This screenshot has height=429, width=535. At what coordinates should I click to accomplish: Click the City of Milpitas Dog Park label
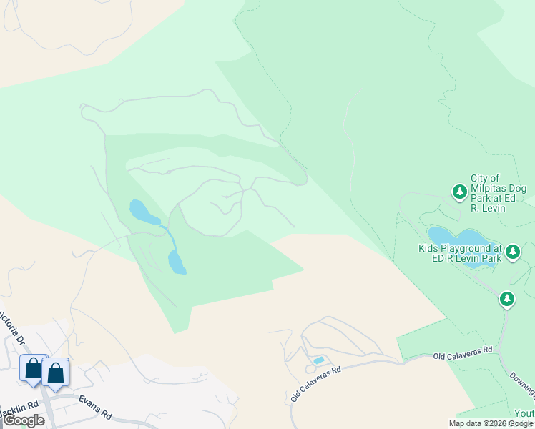(x=498, y=193)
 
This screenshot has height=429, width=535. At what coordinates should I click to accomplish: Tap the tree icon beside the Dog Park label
(x=459, y=191)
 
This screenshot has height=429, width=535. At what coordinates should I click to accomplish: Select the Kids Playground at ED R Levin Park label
(x=460, y=253)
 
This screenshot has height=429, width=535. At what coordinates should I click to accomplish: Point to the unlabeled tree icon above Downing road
(x=507, y=298)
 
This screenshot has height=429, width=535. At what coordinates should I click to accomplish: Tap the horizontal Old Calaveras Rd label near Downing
(x=463, y=352)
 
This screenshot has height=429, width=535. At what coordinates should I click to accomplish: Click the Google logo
(x=24, y=420)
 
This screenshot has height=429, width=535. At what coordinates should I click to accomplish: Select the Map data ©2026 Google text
(x=491, y=423)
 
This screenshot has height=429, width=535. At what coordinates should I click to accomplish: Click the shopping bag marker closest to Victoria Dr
(x=33, y=368)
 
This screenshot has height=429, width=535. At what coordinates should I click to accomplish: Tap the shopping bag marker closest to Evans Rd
(x=55, y=372)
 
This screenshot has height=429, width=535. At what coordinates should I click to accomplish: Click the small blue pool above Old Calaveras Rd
(x=318, y=360)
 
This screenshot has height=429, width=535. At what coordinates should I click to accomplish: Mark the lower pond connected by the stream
(x=176, y=262)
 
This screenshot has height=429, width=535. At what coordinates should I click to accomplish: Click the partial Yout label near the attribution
(x=524, y=414)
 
